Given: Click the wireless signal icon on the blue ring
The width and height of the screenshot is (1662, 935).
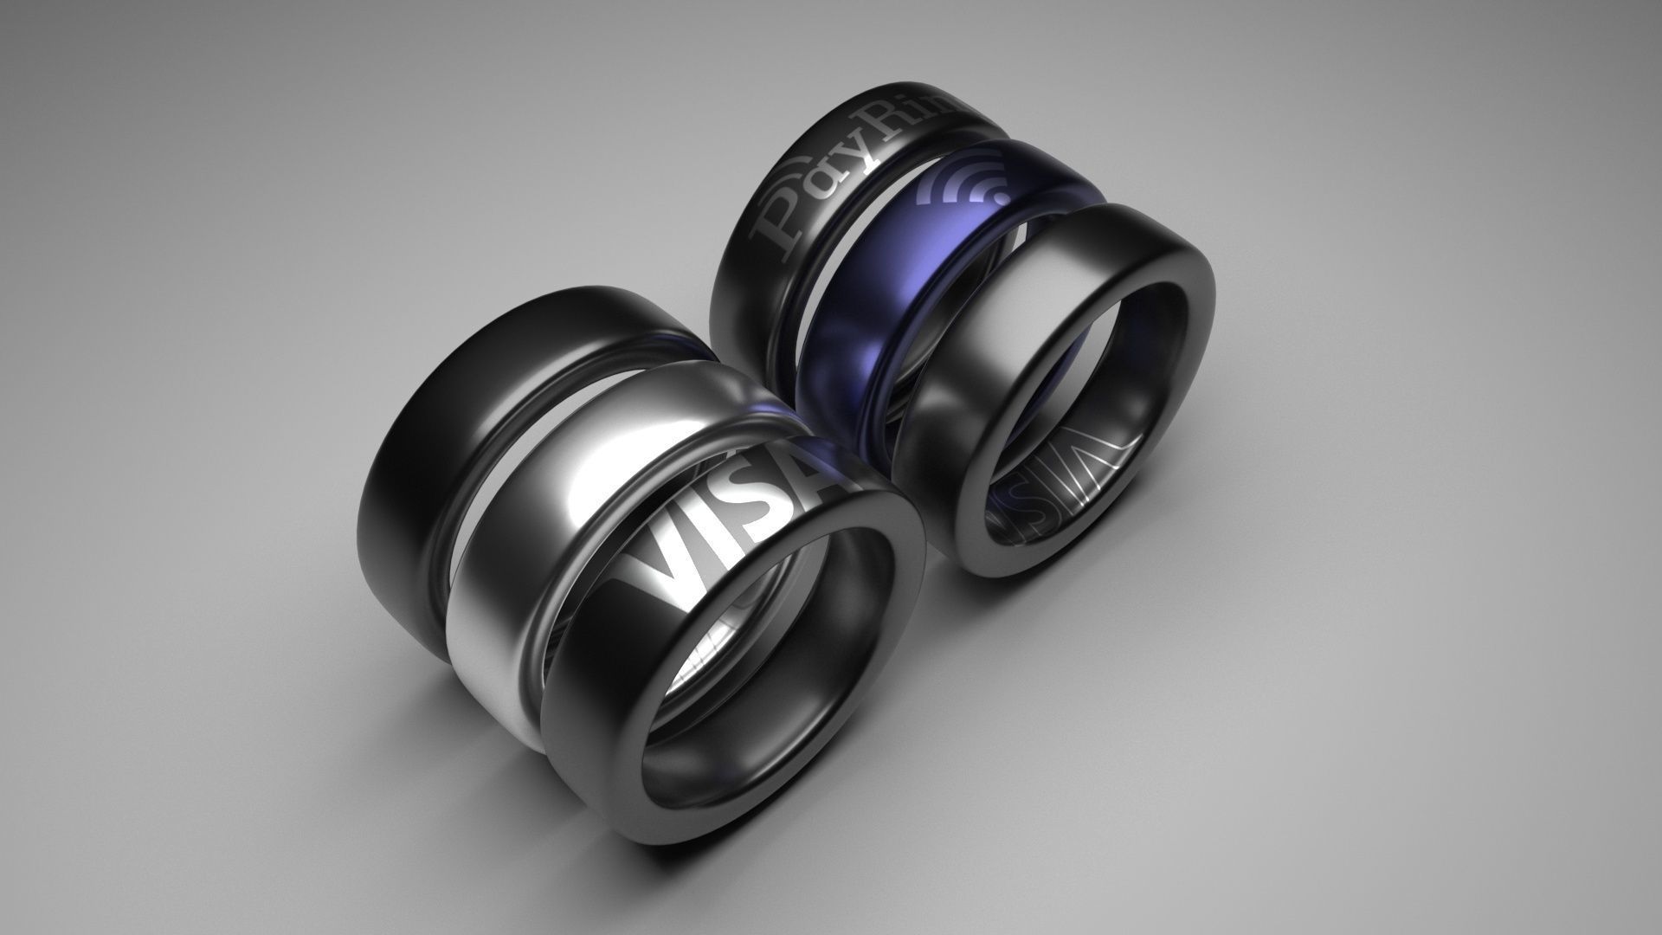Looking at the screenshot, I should (x=969, y=182).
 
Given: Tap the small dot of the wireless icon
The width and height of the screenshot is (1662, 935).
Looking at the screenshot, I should (x=1000, y=198).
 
